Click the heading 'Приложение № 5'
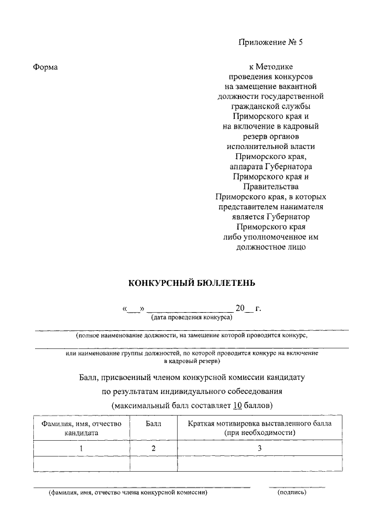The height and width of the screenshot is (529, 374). (271, 42)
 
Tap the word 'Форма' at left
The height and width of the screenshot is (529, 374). (46, 67)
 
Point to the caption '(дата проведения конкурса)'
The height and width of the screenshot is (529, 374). (192, 317)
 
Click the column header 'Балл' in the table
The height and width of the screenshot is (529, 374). (153, 422)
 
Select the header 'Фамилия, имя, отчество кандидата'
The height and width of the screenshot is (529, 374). (81, 427)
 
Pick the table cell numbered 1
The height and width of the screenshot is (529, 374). (81, 448)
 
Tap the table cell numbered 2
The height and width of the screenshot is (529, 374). (153, 448)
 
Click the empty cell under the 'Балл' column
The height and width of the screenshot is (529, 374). (153, 464)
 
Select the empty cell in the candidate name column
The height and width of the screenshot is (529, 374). (81, 464)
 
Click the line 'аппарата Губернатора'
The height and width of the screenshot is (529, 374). (271, 167)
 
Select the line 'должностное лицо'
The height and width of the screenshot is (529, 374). (271, 246)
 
